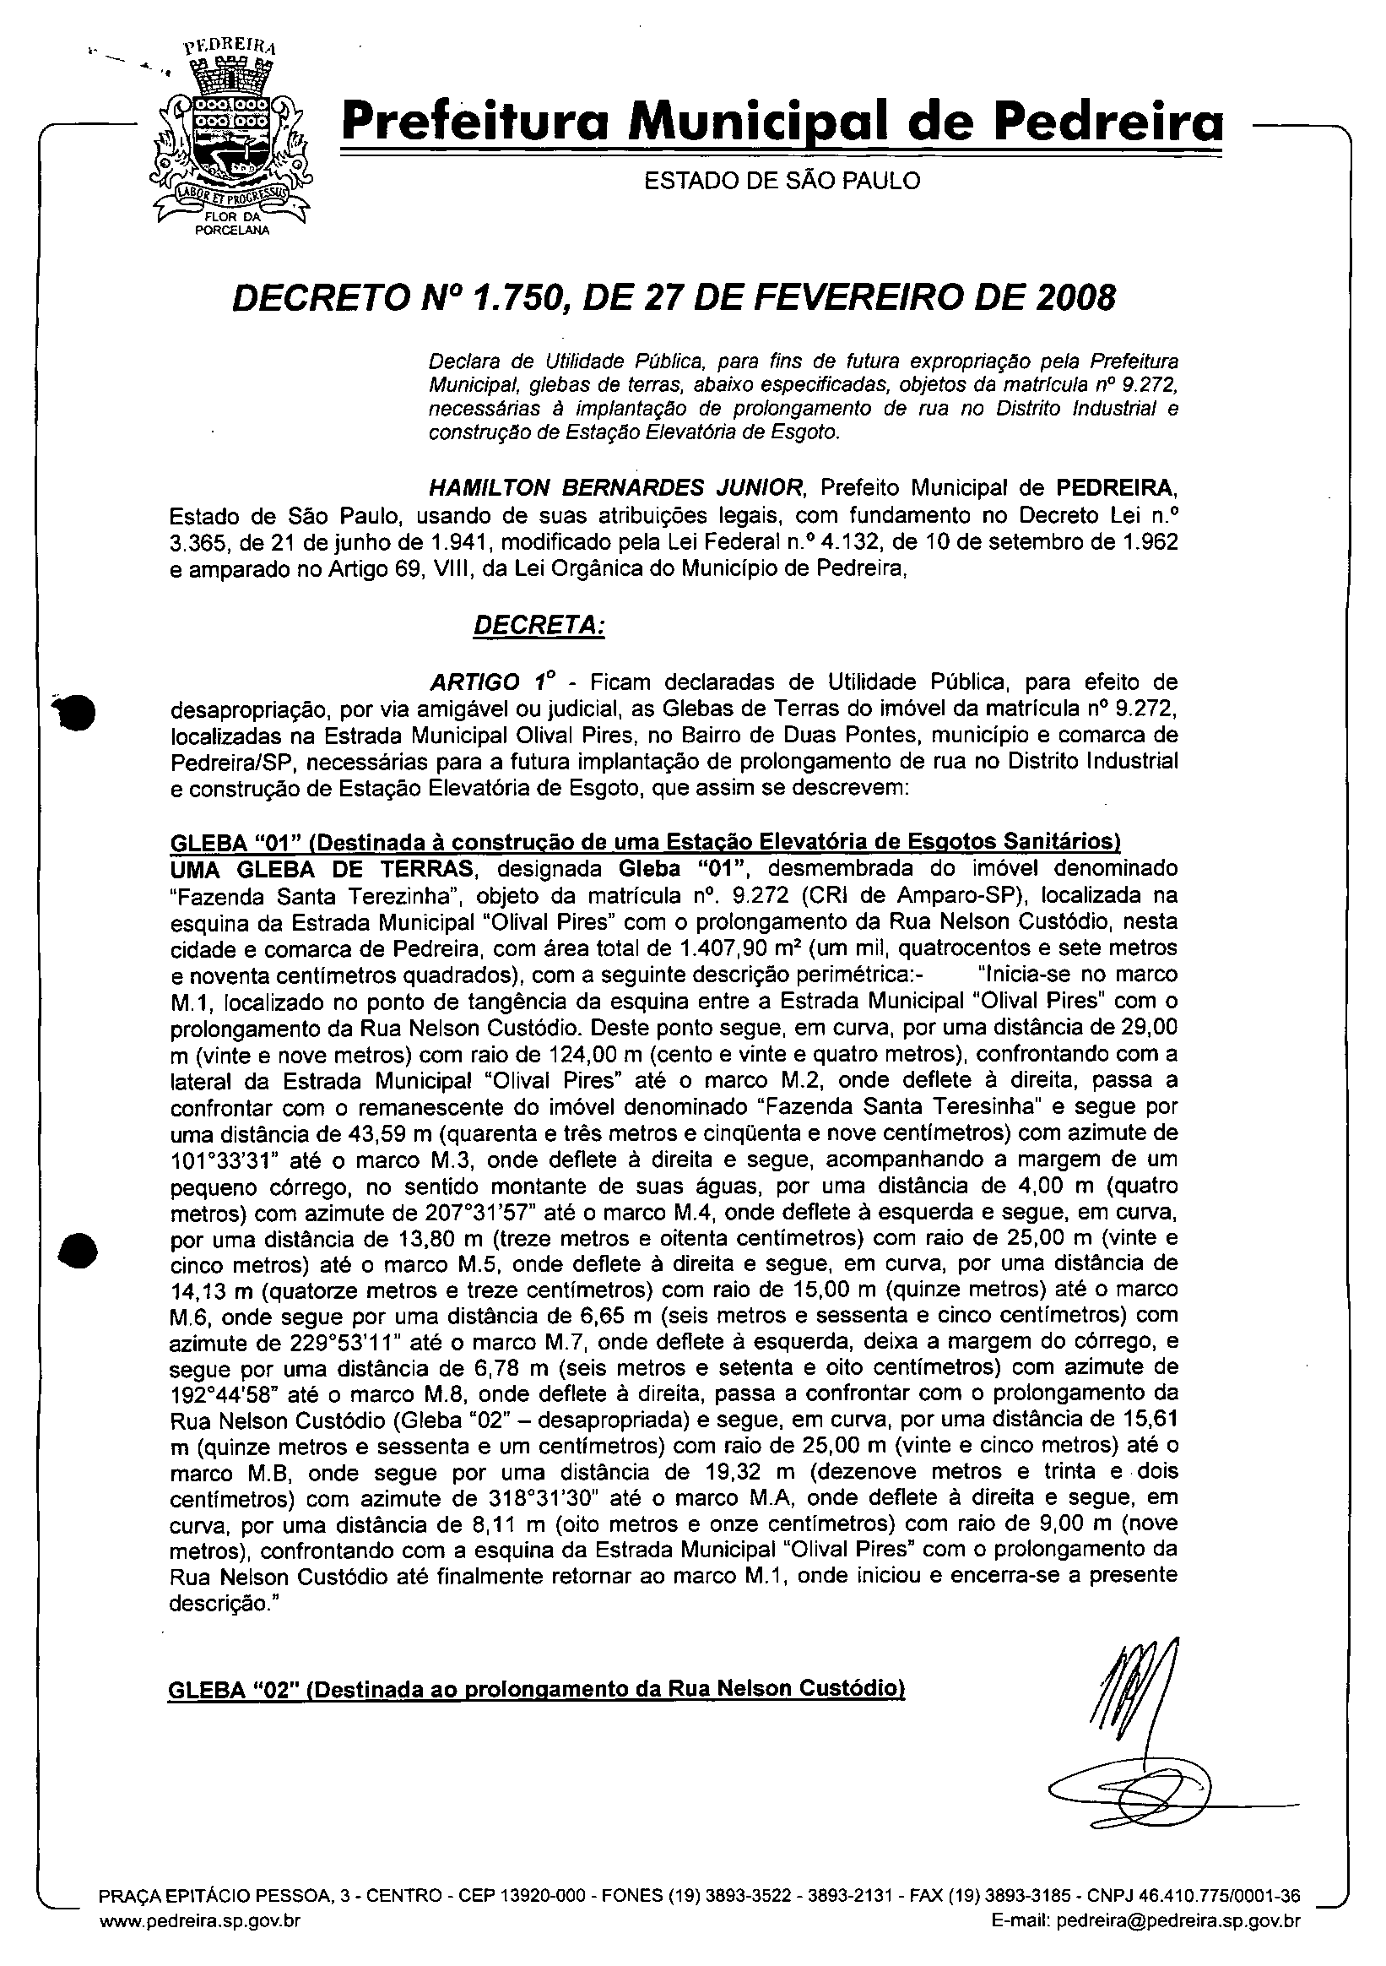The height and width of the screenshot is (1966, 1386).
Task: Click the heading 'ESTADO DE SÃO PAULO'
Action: coord(782,181)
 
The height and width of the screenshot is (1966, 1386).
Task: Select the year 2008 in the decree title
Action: coord(1073,298)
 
